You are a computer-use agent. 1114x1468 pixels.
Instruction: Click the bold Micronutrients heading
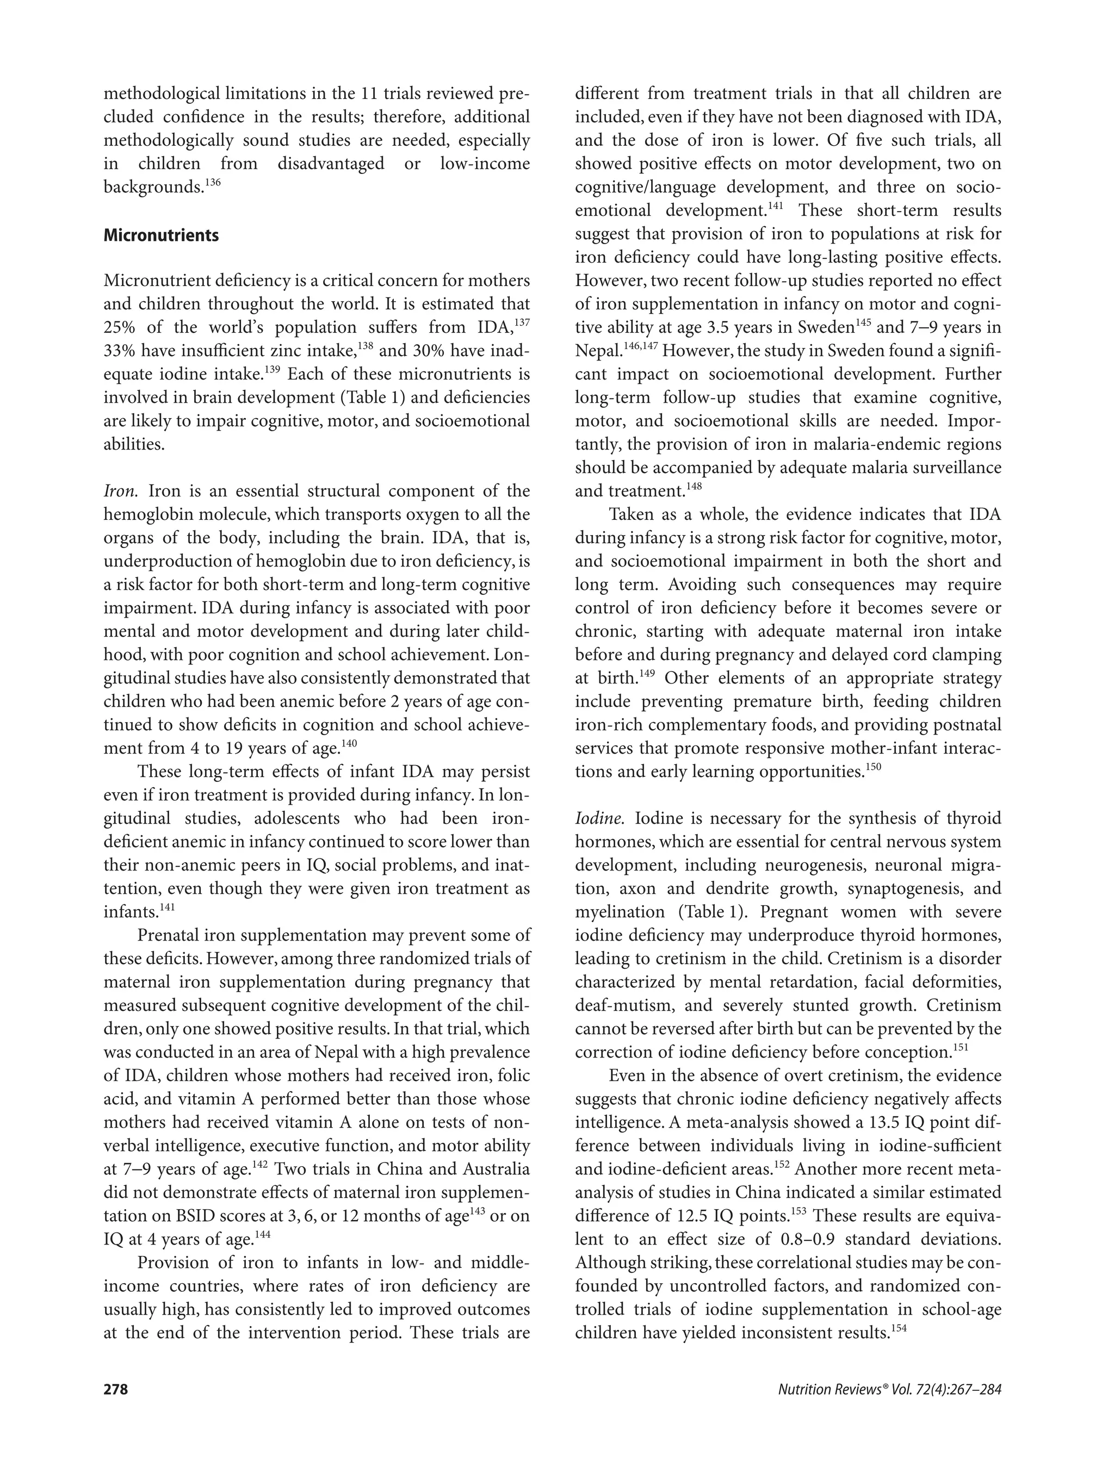pos(160,235)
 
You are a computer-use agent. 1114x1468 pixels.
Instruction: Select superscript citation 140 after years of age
pos(349,743)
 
